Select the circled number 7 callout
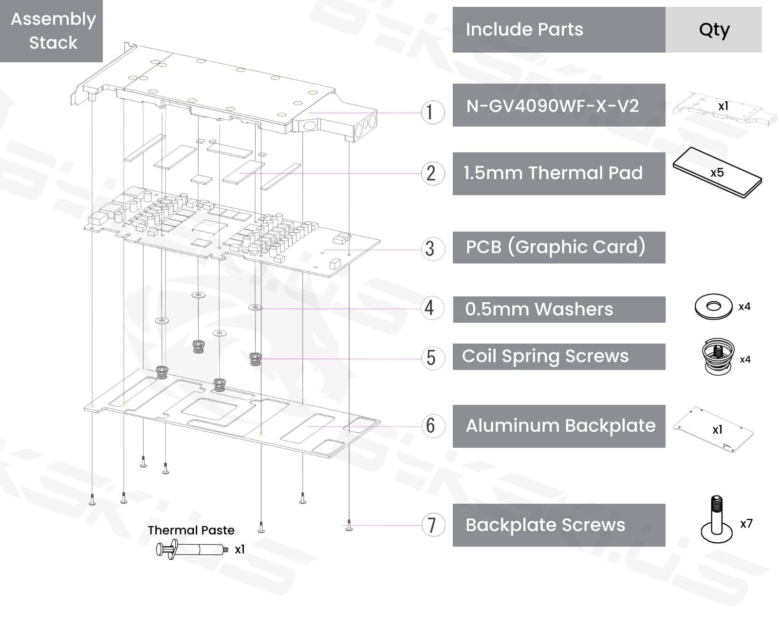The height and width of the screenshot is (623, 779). coord(432,525)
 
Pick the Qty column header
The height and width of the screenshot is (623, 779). coord(713,30)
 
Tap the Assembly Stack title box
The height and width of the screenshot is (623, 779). coord(52,31)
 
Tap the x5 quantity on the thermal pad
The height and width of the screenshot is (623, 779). coord(717,173)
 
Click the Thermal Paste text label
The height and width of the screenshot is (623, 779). coord(191,530)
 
